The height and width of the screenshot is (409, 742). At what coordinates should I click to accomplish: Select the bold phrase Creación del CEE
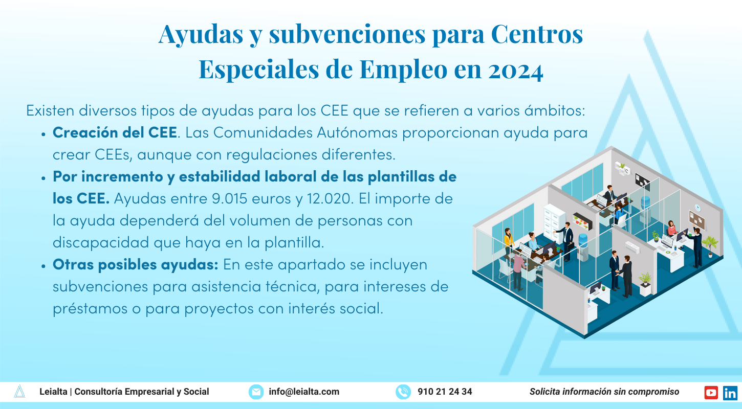pos(115,132)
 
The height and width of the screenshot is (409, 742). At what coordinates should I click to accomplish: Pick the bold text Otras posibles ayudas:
pos(136,265)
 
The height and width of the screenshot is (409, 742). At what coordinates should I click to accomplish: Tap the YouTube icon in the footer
pos(711,392)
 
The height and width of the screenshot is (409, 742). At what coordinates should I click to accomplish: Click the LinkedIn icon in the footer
pos(730,392)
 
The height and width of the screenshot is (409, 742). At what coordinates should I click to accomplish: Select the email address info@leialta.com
pos(304,392)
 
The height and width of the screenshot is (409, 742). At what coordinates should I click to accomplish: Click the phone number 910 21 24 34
pos(445,392)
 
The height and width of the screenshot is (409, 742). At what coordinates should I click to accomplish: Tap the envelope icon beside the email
pos(256,392)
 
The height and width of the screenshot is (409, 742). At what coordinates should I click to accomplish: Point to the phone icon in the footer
pos(403,392)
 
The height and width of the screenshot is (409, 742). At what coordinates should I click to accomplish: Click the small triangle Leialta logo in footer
pos(19,392)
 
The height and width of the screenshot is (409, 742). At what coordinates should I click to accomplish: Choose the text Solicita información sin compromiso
pos(604,392)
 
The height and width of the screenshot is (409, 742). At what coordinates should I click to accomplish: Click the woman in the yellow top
pos(508,240)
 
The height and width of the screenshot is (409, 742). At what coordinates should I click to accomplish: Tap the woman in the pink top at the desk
pos(671,229)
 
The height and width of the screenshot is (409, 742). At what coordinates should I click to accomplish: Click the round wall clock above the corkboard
pos(697,208)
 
